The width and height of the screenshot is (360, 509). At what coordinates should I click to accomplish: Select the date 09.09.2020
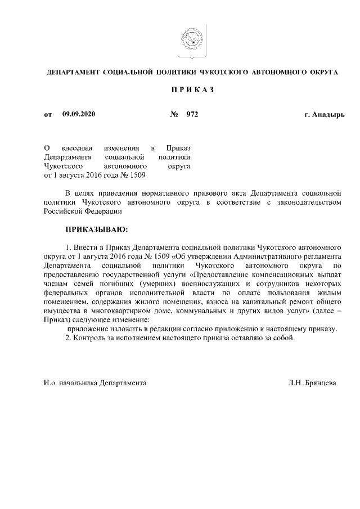(x=79, y=115)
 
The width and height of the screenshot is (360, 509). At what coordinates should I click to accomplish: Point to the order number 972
(x=192, y=115)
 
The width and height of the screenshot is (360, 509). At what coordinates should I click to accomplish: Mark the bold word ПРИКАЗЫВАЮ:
(x=97, y=230)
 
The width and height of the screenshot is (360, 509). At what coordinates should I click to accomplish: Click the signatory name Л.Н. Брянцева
(x=312, y=382)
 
